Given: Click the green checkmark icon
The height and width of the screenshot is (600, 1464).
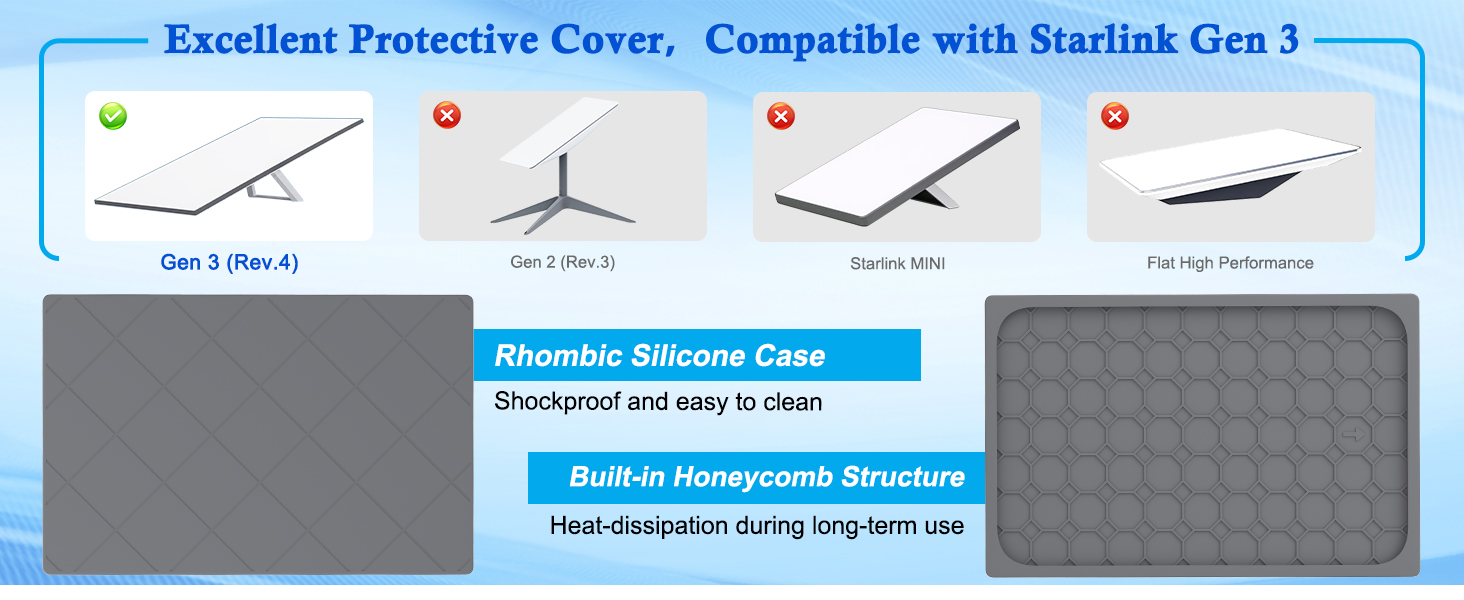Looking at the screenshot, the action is point(113,116).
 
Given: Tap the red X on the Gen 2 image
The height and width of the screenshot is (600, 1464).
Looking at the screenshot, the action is point(447,115).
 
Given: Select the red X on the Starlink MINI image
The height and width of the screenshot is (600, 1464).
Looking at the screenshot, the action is point(781,116).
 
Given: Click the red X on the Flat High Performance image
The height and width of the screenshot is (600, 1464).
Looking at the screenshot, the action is point(1115,116).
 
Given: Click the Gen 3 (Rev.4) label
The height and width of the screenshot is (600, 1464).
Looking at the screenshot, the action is point(229,263).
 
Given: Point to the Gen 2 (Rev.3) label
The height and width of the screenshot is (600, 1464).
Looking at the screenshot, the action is point(563,262).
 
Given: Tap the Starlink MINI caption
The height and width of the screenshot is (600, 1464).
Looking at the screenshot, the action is point(897,263).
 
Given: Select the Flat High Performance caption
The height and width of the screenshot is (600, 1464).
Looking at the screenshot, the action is point(1230,263).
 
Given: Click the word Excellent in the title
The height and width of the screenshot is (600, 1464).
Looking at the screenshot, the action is point(250,39).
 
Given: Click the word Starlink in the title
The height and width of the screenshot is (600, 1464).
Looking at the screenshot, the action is point(1104,39).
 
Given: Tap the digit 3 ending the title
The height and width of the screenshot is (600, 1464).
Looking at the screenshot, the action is point(1289,39).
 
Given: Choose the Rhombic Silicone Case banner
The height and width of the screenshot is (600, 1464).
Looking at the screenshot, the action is point(697,355).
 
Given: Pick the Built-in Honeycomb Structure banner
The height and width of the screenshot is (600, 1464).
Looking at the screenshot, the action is point(757,478).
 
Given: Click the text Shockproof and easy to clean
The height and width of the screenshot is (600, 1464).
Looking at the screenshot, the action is point(658,401).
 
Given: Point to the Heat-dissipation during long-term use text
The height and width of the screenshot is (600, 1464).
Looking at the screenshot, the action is point(757,525).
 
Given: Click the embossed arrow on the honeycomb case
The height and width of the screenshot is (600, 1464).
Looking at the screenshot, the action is point(1354,434).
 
